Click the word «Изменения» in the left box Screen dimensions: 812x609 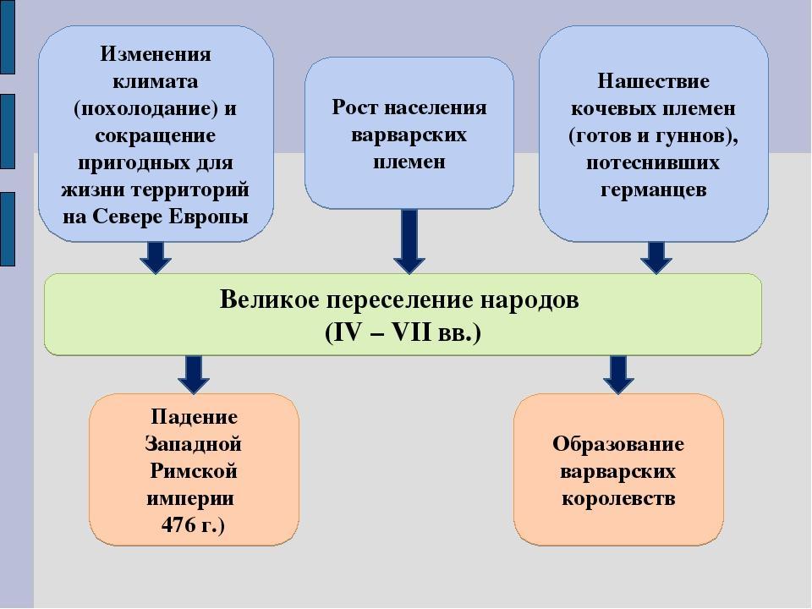(156, 54)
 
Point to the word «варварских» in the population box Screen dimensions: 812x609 (409, 134)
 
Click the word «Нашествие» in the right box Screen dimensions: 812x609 (654, 81)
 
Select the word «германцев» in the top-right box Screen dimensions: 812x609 (654, 190)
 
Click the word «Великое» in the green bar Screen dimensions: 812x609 (269, 299)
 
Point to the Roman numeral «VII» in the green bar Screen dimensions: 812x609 (411, 332)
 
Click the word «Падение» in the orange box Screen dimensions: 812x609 (194, 417)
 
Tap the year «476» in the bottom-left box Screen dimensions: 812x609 (178, 525)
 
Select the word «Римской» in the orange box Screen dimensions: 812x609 (194, 471)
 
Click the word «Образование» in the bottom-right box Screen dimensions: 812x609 (617, 444)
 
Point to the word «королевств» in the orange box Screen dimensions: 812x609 (618, 498)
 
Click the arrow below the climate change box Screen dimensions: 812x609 (156, 257)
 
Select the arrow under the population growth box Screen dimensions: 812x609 (409, 241)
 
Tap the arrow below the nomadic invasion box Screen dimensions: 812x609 (656, 257)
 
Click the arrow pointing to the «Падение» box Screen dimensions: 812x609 (194, 375)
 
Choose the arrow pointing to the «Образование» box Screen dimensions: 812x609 (618, 375)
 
